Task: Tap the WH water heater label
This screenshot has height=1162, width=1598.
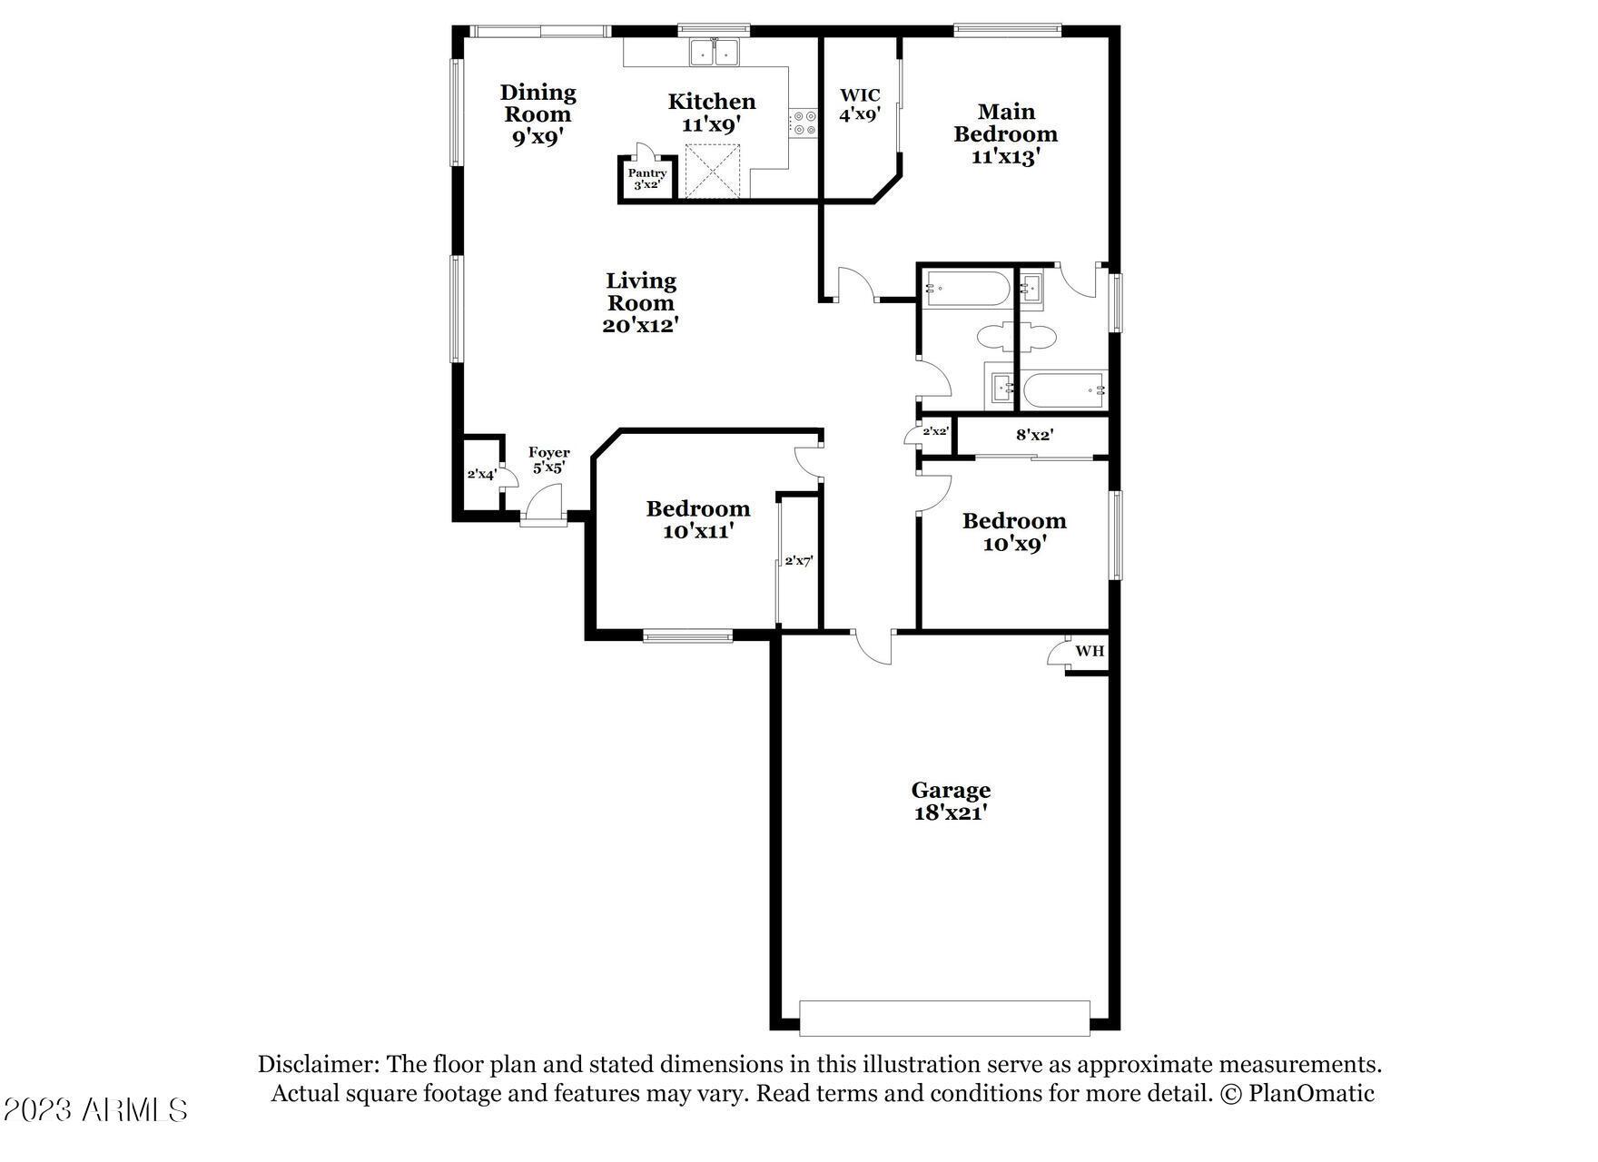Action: coord(1090,651)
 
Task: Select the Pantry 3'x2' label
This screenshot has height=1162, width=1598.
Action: coord(646,179)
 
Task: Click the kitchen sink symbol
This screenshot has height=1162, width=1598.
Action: coord(715,53)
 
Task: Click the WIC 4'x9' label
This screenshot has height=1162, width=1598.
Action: coord(859,105)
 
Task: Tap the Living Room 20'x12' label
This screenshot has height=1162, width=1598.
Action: coord(641,303)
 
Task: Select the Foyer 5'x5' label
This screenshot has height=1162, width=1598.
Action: coord(548,460)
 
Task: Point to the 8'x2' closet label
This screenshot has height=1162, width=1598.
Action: coord(1034,436)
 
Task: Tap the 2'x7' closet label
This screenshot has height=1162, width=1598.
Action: coord(798,561)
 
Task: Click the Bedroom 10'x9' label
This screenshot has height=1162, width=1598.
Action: coord(1014,532)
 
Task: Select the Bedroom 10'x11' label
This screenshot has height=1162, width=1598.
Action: coord(698,520)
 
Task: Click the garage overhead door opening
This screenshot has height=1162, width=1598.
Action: coord(944,1018)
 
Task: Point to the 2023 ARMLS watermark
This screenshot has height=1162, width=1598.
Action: coord(95,1109)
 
